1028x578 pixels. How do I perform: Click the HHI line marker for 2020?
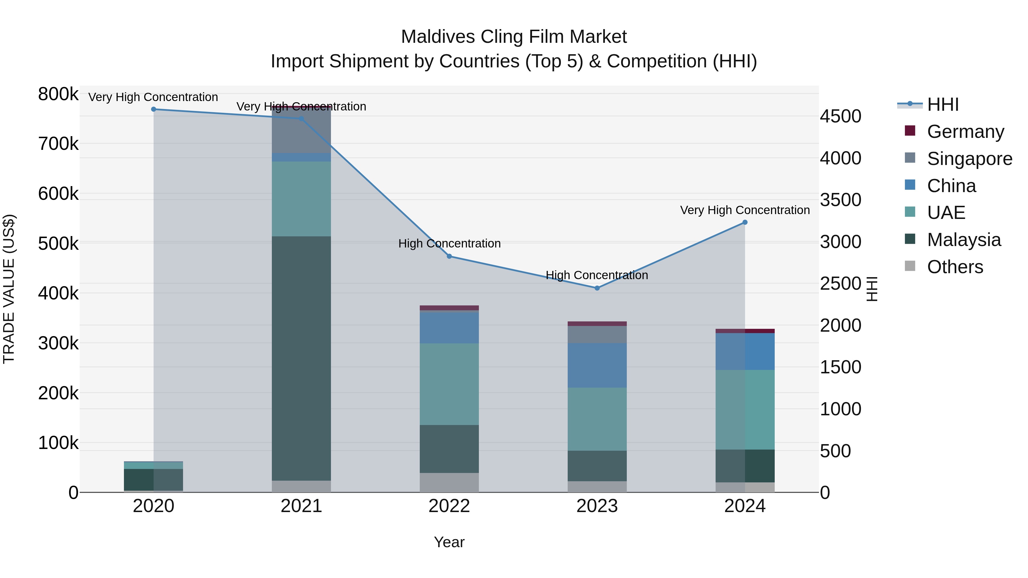click(x=154, y=109)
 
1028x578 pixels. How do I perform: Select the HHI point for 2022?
click(x=449, y=257)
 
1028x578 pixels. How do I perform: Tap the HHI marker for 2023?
click(x=597, y=288)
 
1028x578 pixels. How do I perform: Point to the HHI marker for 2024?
click(x=745, y=223)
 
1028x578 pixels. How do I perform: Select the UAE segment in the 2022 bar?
click(x=449, y=384)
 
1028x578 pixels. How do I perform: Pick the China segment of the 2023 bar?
click(x=597, y=365)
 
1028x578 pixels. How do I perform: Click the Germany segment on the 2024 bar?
click(x=745, y=331)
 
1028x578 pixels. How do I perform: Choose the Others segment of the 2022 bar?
click(x=449, y=483)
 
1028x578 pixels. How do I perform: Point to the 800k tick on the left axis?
click(x=58, y=94)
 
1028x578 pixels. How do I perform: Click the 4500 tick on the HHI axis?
click(x=840, y=116)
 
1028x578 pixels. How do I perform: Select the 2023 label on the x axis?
click(x=597, y=506)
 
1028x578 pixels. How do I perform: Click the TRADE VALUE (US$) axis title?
click(x=9, y=289)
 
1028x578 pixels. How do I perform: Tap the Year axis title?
click(x=449, y=542)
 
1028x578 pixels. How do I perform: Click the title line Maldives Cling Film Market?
click(x=514, y=37)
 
